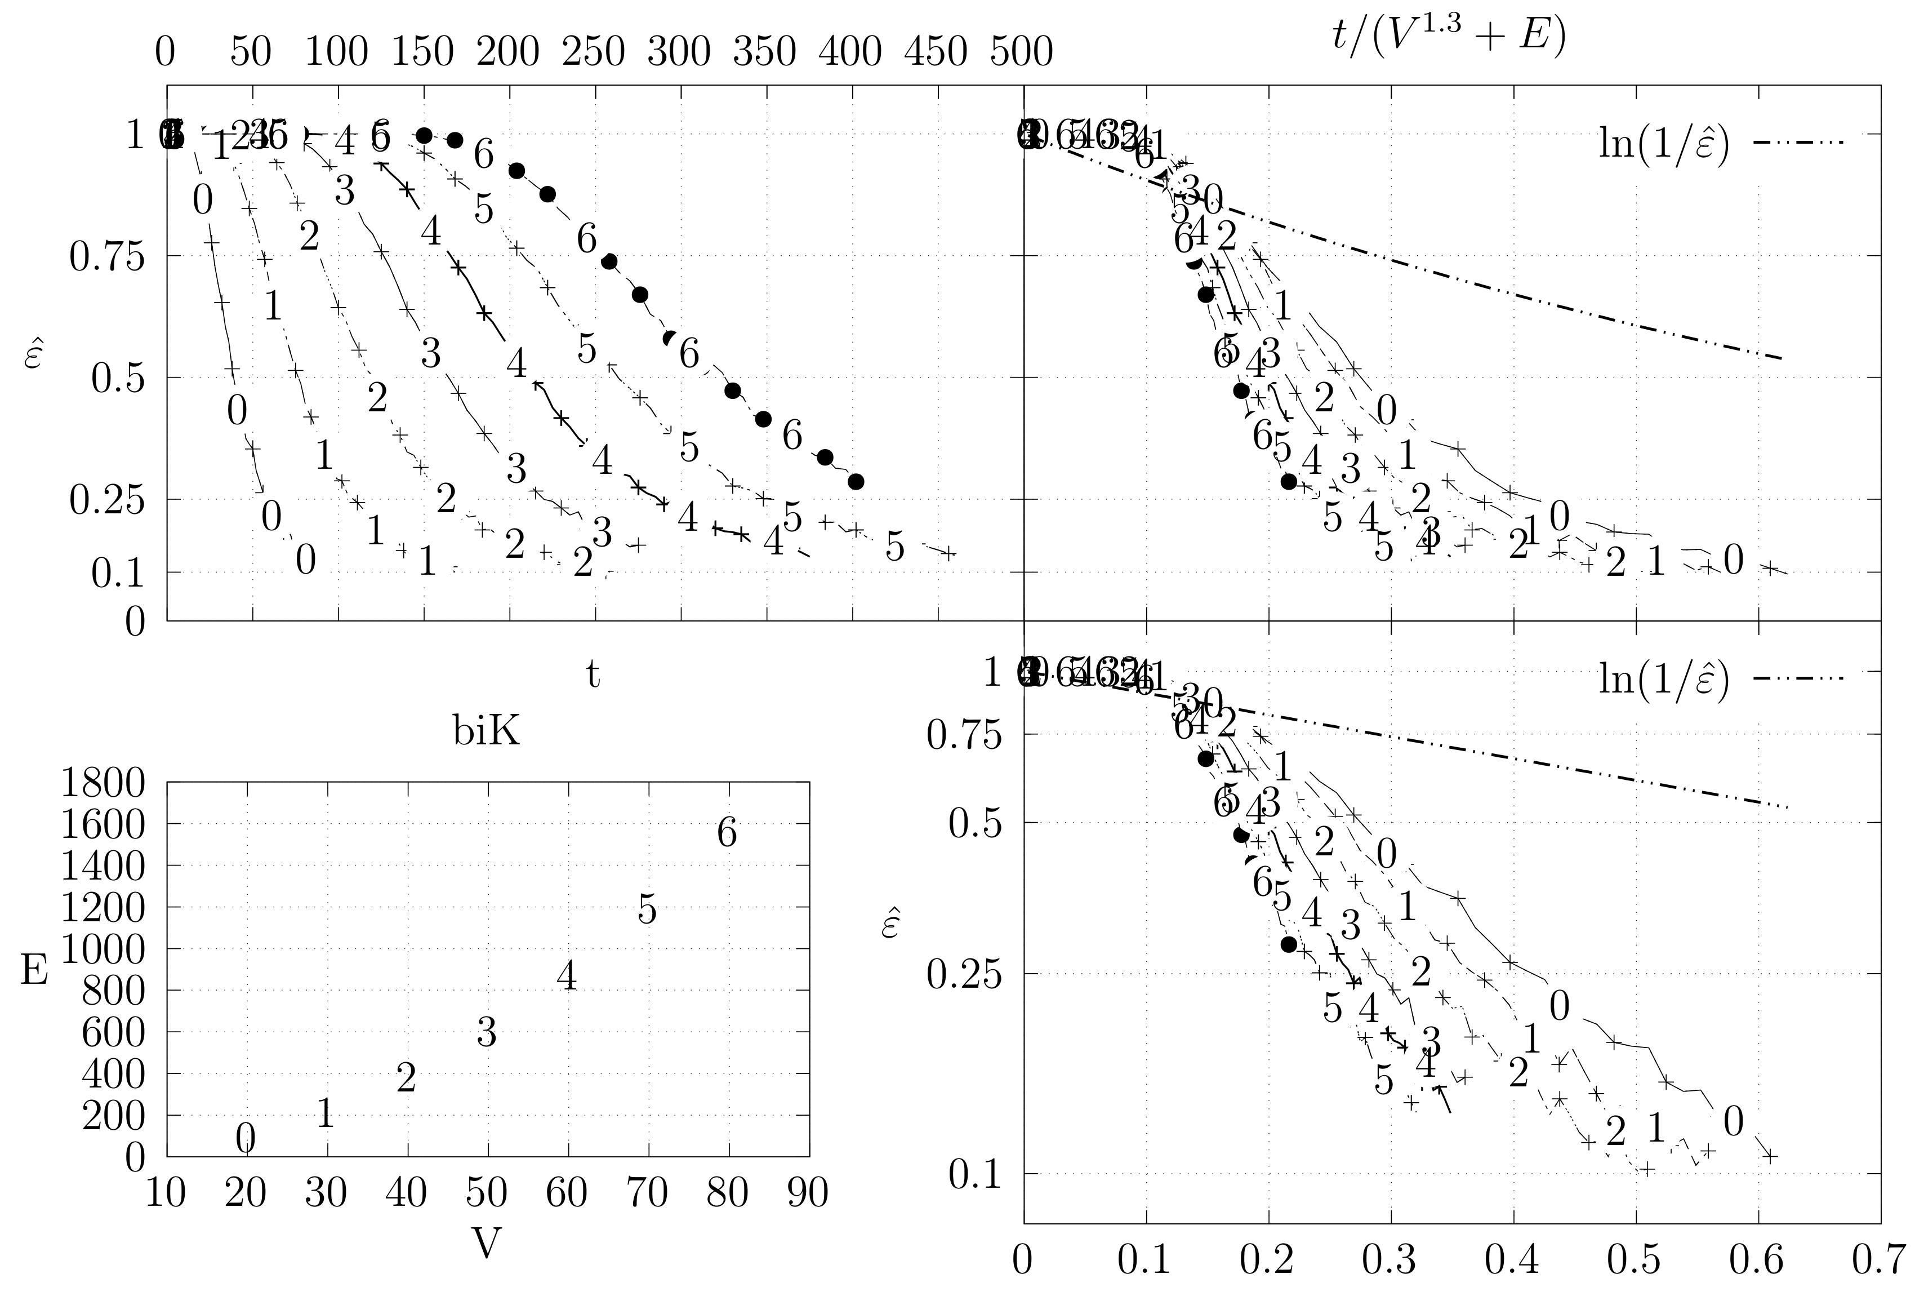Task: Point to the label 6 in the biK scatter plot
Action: pyautogui.click(x=727, y=833)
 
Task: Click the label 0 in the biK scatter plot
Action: pyautogui.click(x=246, y=1139)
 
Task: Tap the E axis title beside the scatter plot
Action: pyautogui.click(x=34, y=970)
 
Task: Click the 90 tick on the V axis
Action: pyautogui.click(x=808, y=1193)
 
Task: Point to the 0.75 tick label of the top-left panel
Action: pyautogui.click(x=106, y=257)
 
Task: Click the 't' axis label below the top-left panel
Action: pyautogui.click(x=593, y=673)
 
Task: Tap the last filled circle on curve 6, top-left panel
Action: pyautogui.click(x=856, y=481)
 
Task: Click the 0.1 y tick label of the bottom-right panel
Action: pyautogui.click(x=975, y=1174)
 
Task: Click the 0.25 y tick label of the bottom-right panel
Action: pyautogui.click(x=963, y=974)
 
